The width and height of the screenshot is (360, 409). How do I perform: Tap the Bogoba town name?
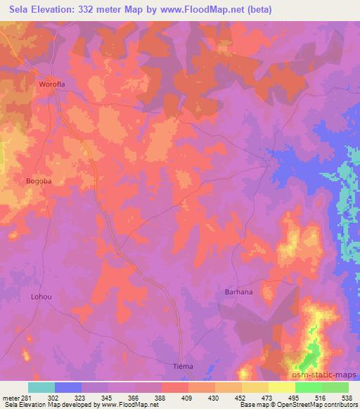[x=39, y=181]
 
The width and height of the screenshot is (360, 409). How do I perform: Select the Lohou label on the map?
[x=41, y=296]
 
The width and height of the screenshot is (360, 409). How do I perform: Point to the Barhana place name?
[x=238, y=291]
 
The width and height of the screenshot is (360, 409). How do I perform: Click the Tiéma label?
[x=183, y=367]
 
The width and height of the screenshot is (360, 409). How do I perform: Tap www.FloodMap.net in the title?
[x=199, y=10]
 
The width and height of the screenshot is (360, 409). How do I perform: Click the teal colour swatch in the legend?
[x=41, y=387]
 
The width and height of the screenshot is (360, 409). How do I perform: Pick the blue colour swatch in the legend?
[x=68, y=387]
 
